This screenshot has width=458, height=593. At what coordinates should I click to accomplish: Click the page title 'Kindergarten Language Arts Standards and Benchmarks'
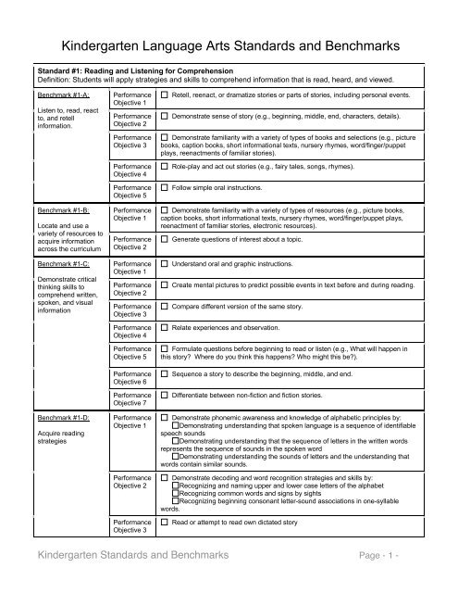click(229, 44)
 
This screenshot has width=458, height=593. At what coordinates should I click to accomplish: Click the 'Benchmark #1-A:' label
click(56, 95)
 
